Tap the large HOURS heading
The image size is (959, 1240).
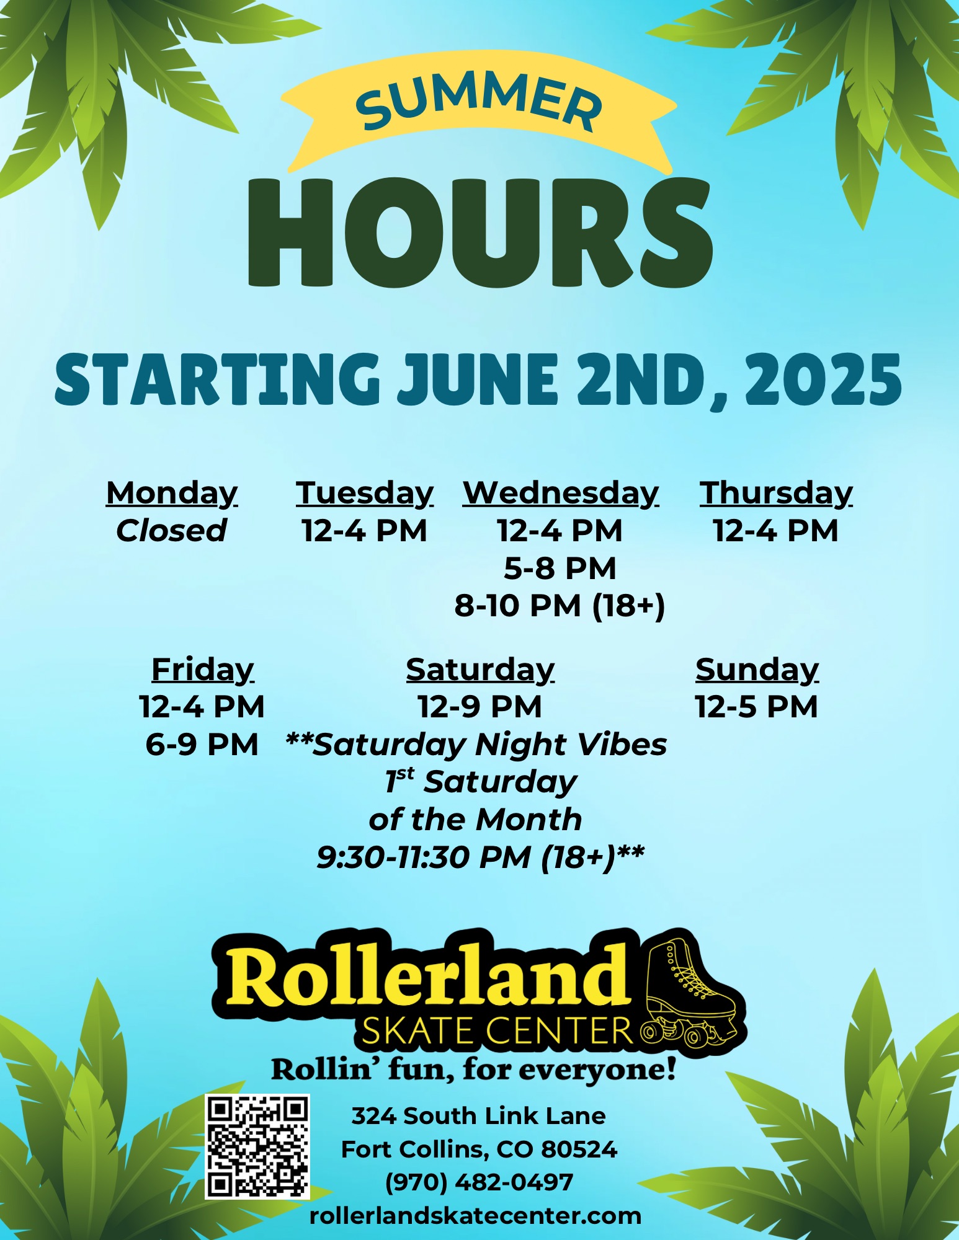tap(480, 232)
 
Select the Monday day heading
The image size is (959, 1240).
tap(172, 494)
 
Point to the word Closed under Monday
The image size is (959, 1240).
tap(171, 531)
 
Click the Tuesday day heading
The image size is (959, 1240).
tap(365, 494)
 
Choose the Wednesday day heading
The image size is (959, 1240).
tap(561, 494)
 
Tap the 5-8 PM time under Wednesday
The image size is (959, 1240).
tap(560, 569)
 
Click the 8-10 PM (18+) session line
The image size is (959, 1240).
tap(560, 606)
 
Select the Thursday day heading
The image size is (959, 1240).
tap(776, 494)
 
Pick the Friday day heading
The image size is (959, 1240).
tap(202, 670)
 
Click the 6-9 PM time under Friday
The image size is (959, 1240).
tap(202, 744)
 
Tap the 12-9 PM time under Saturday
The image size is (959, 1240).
tap(480, 707)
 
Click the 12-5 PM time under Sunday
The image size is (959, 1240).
tap(757, 707)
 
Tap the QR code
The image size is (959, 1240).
tap(257, 1146)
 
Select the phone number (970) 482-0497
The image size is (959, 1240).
tap(479, 1182)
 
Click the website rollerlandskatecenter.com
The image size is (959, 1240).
tap(475, 1216)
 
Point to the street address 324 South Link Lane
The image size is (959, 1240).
tap(478, 1116)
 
